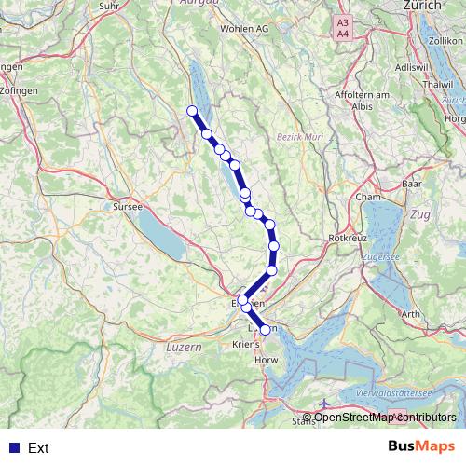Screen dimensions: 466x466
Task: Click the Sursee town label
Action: pyautogui.click(x=127, y=206)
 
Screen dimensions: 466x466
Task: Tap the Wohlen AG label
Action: pyautogui.click(x=244, y=29)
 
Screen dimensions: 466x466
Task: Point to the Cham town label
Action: pyautogui.click(x=366, y=199)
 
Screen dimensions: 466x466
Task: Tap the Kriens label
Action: pyautogui.click(x=243, y=344)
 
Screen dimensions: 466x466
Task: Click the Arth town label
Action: pyautogui.click(x=409, y=315)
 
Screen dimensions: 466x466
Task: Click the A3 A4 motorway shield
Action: pyautogui.click(x=343, y=27)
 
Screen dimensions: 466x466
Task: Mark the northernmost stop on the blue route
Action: pyautogui.click(x=193, y=112)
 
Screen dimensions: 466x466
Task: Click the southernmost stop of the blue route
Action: pyautogui.click(x=265, y=329)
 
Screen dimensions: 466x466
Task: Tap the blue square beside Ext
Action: pyautogui.click(x=13, y=448)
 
